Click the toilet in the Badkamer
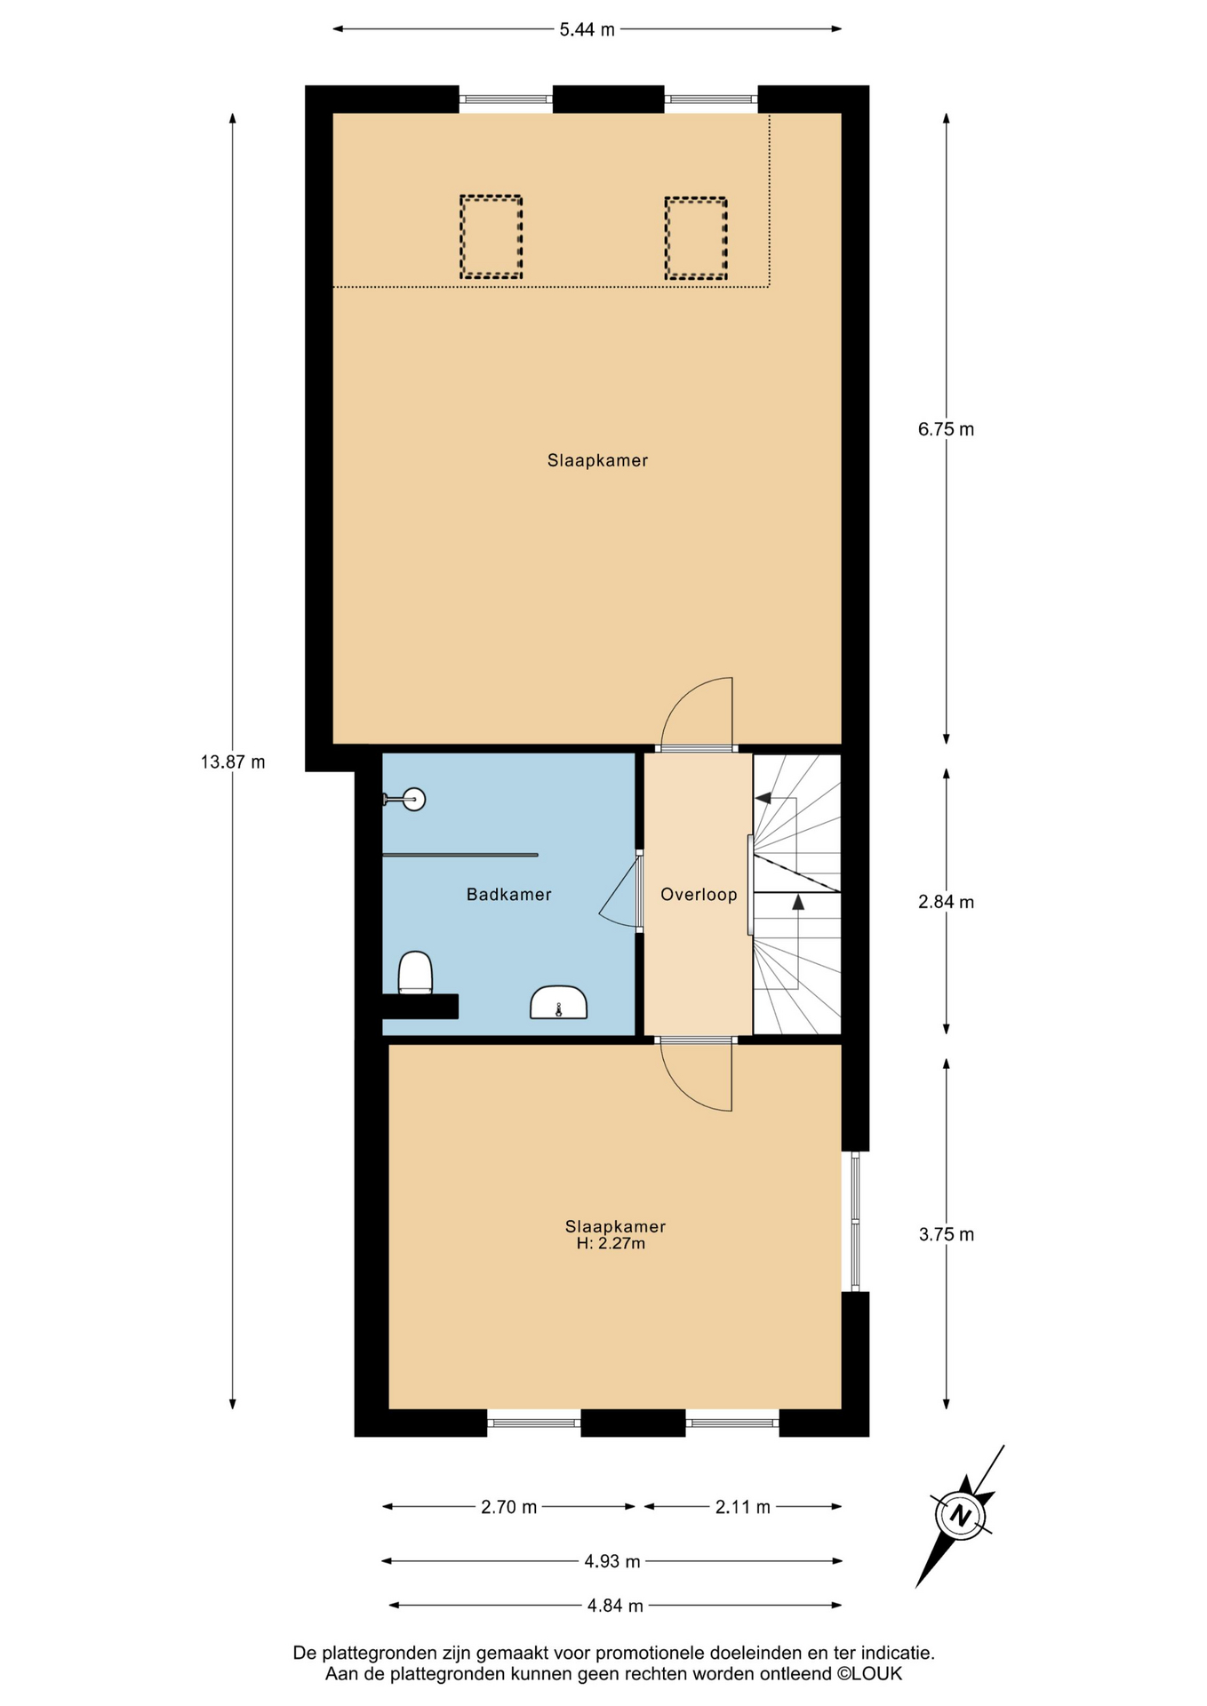(415, 972)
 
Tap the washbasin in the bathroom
(558, 1002)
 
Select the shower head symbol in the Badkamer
(405, 800)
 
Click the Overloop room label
(699, 895)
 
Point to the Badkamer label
(509, 895)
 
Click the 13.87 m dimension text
(233, 761)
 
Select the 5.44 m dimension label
(587, 29)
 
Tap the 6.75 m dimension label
(946, 429)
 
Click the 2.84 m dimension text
(946, 902)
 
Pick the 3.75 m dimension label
(946, 1234)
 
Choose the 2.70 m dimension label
(508, 1507)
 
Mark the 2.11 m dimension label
(742, 1507)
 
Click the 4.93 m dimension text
(612, 1561)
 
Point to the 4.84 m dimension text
(615, 1606)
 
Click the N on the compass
(960, 1516)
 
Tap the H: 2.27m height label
(611, 1244)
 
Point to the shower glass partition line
(460, 855)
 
